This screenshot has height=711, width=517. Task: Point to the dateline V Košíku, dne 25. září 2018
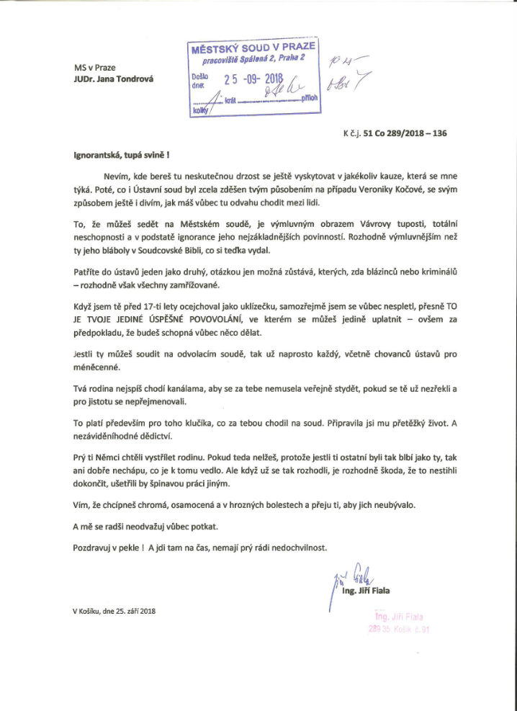pyautogui.click(x=114, y=611)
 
